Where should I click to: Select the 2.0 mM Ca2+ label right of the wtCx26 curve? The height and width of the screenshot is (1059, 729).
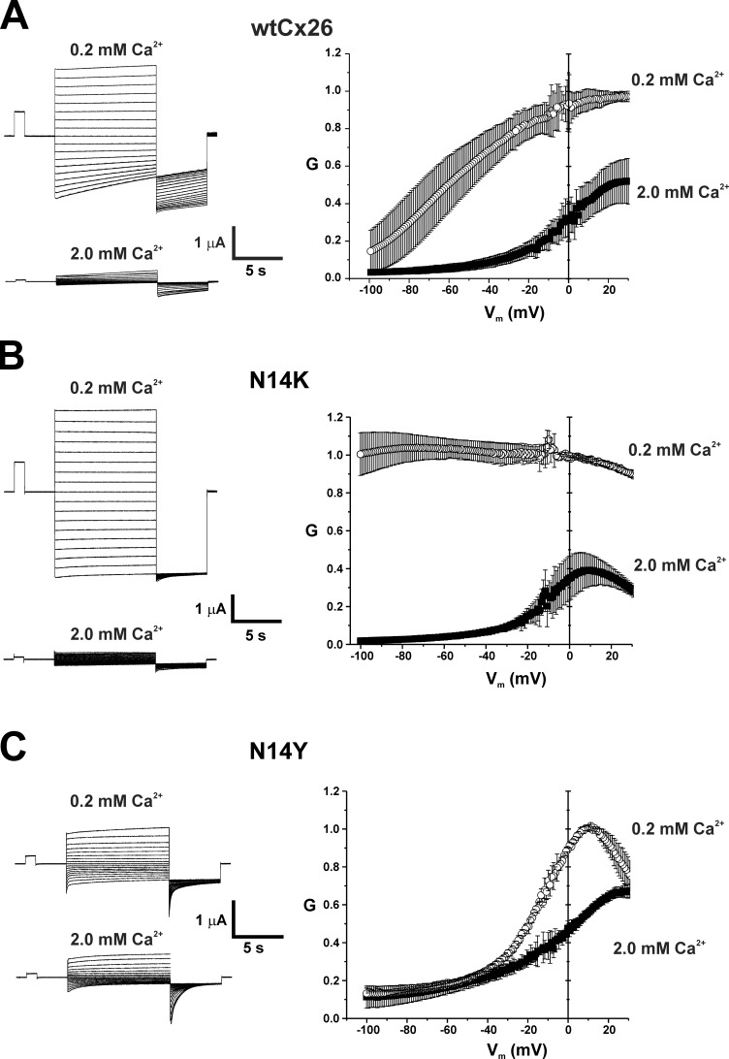click(681, 193)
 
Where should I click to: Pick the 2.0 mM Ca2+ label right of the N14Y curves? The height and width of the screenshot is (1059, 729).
click(672, 914)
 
